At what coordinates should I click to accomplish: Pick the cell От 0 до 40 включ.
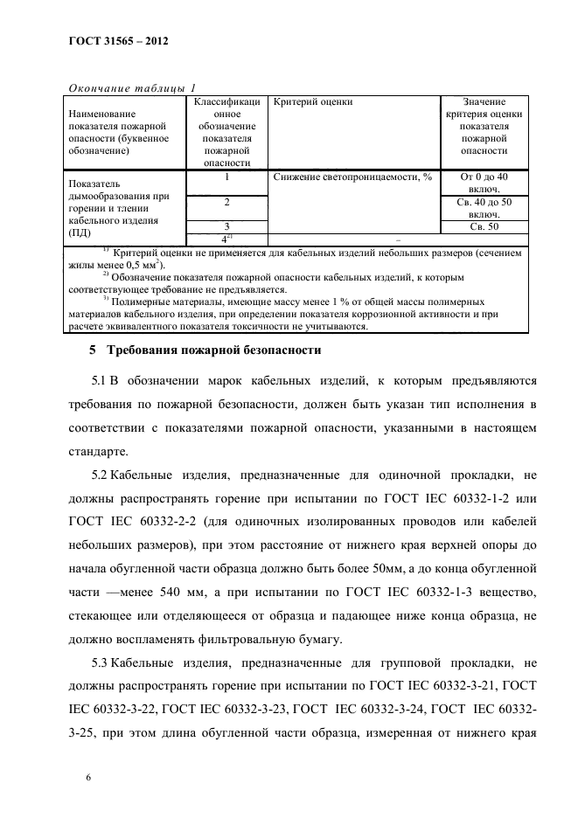[x=483, y=183]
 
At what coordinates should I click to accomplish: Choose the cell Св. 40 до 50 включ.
[x=483, y=208]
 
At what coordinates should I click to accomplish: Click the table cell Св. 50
[x=483, y=226]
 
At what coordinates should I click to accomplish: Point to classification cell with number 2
[x=227, y=202]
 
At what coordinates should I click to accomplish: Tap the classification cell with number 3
[x=227, y=226]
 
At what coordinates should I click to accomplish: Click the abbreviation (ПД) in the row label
[x=79, y=234]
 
